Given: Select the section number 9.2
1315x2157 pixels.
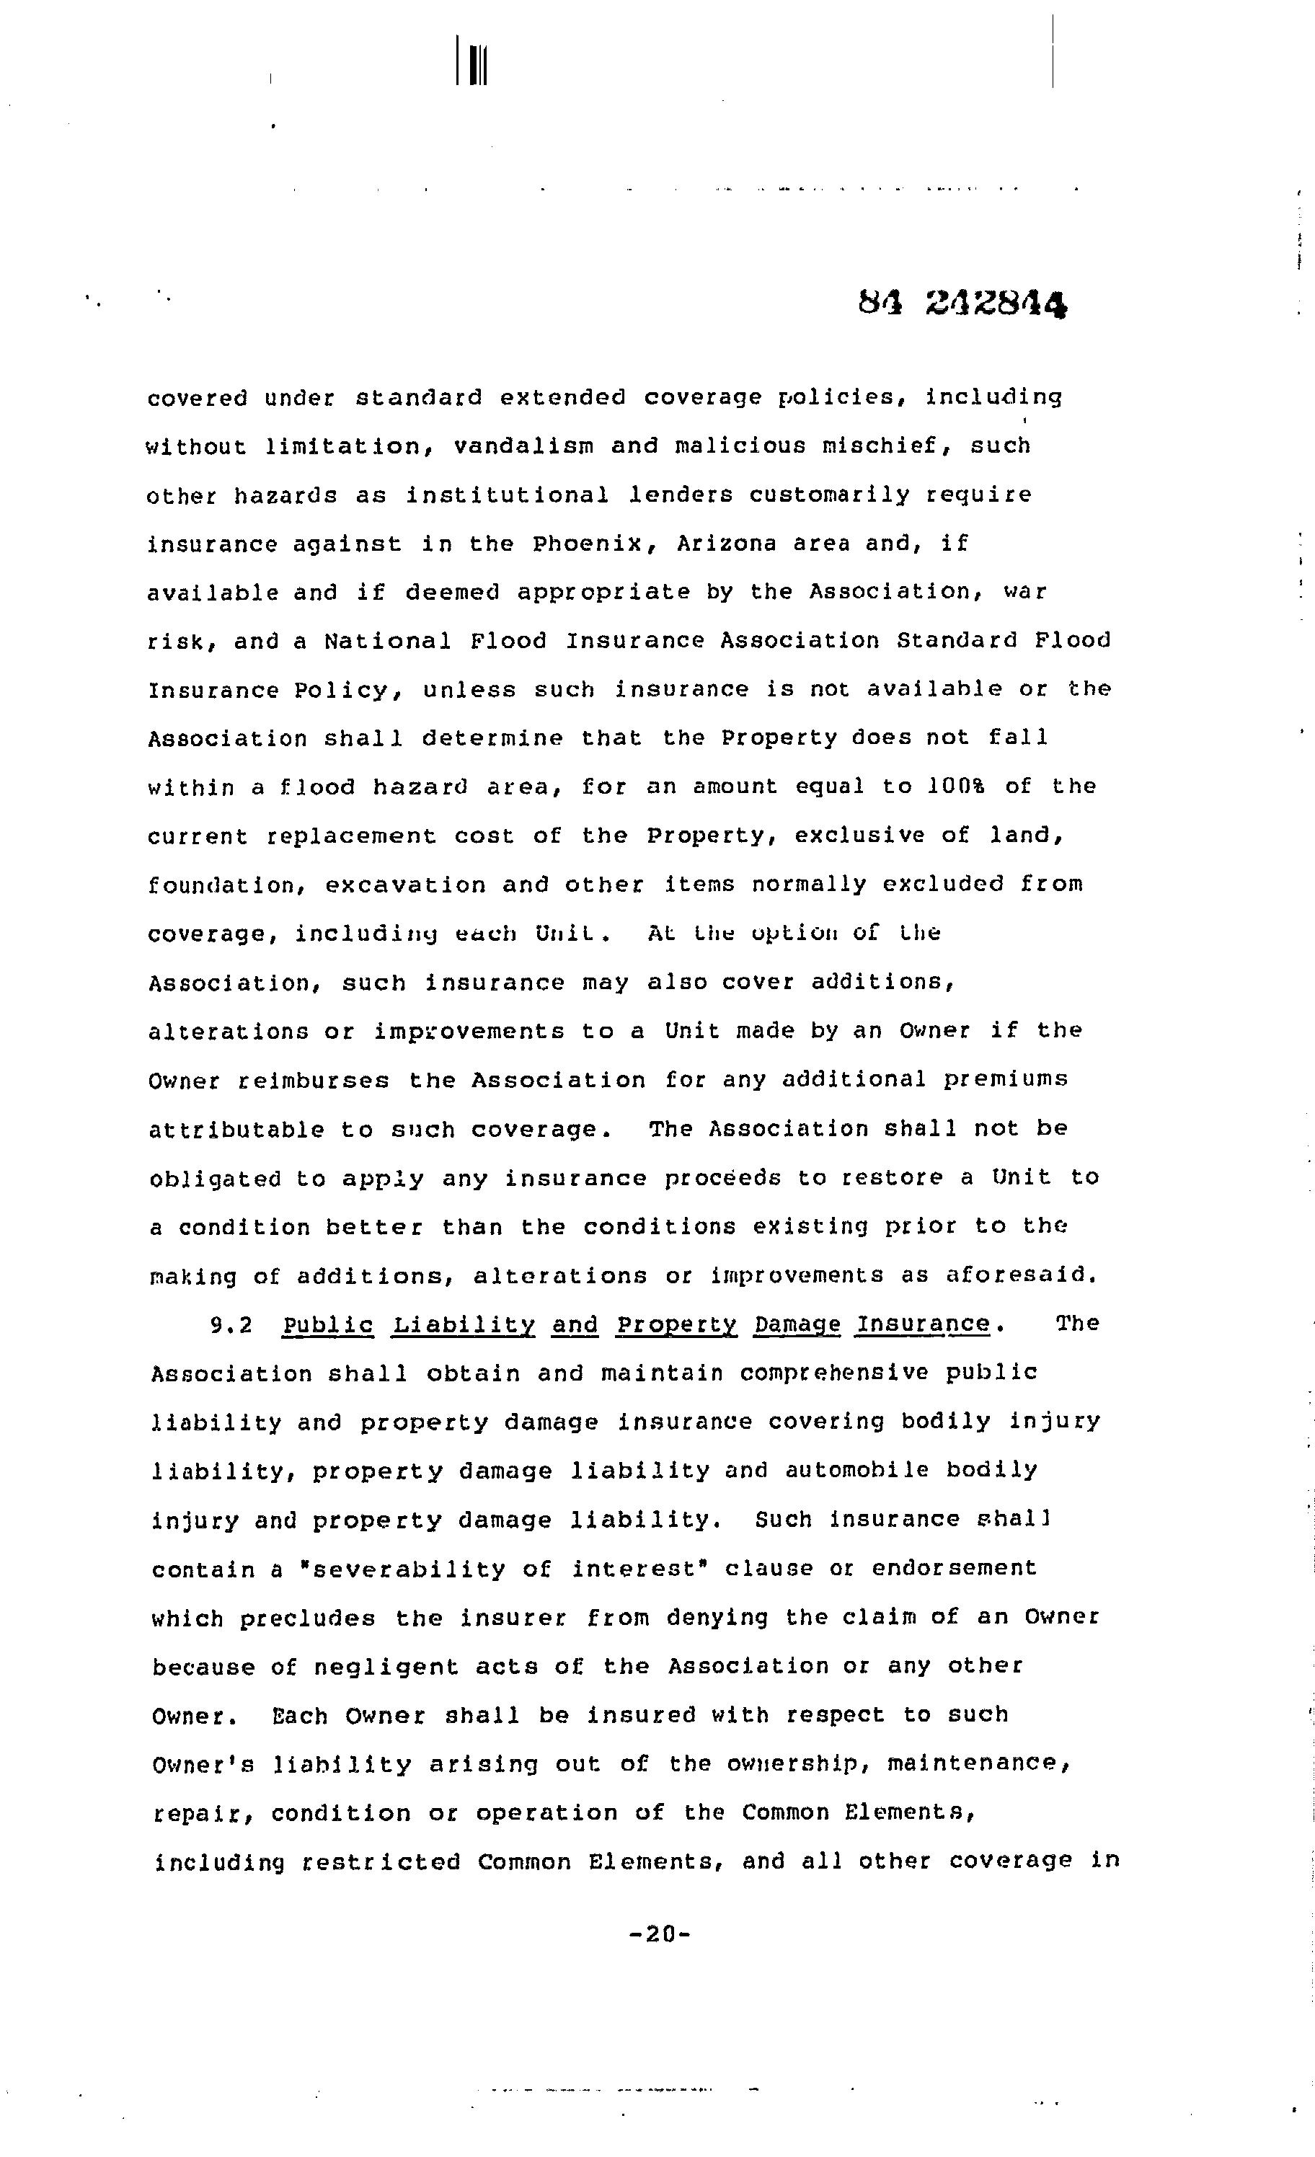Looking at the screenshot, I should [231, 1324].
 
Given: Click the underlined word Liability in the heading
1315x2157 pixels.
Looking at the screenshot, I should [463, 1324].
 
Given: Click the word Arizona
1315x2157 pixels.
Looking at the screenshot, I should [726, 544].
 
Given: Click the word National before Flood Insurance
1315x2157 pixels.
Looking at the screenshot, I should [388, 641].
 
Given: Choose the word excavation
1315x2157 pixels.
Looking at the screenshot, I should [404, 885].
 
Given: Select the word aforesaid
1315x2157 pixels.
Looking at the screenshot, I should [1020, 1275].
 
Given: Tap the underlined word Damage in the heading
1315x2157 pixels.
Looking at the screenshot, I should [797, 1324].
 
